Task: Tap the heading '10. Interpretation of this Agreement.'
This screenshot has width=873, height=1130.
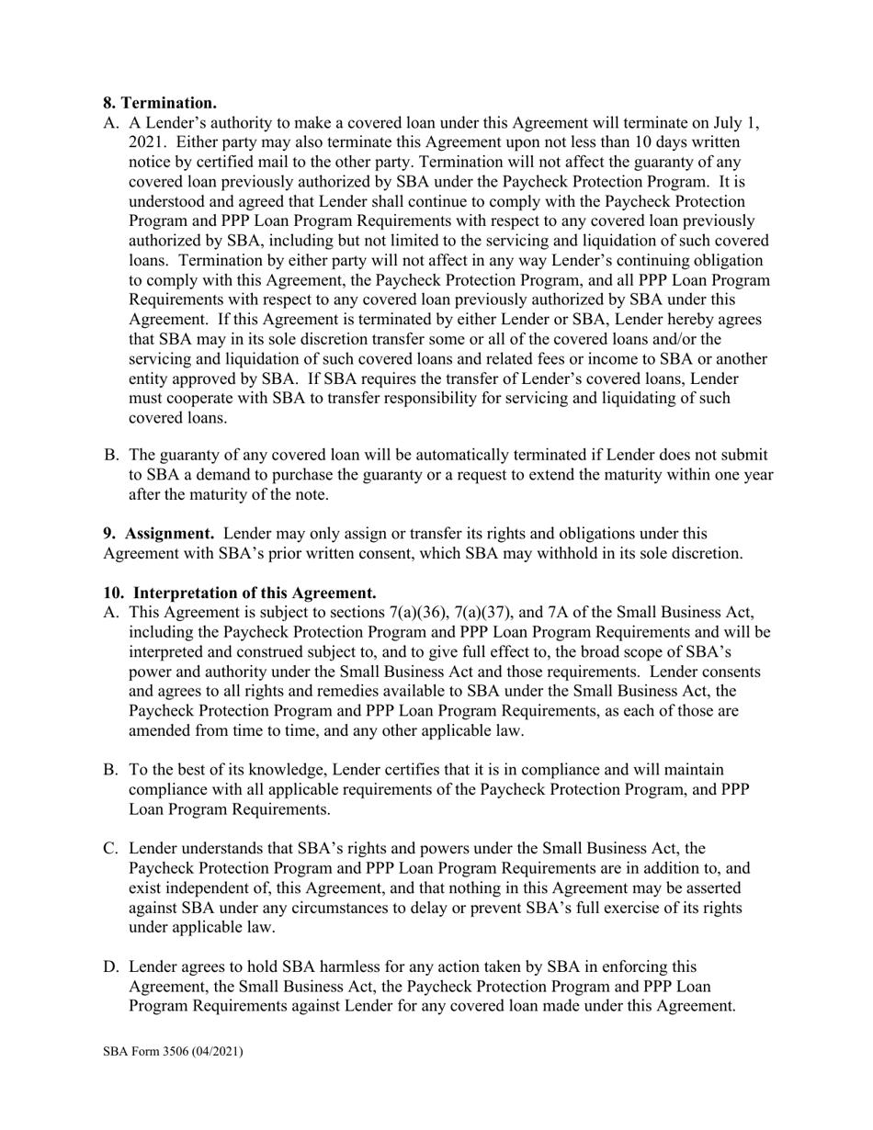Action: tap(239, 593)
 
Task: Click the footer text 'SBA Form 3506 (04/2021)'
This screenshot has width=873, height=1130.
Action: tap(173, 1051)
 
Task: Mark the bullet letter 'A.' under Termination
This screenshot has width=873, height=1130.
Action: tap(111, 123)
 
